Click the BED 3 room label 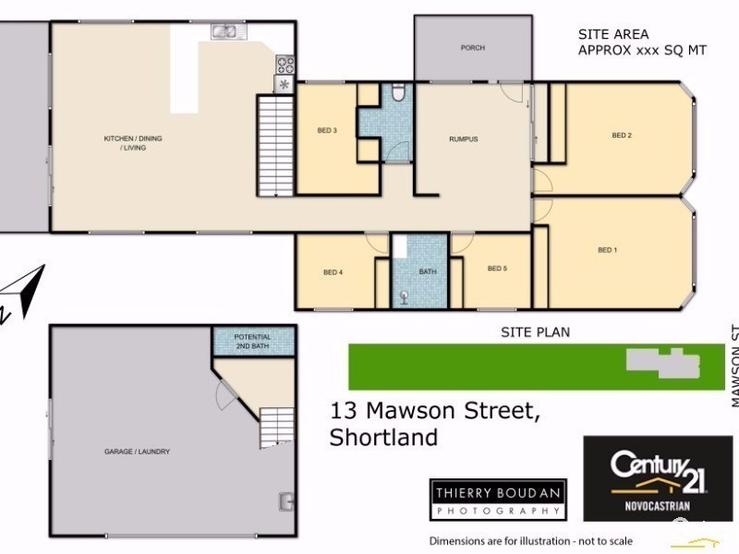click(x=326, y=130)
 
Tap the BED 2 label click(x=622, y=136)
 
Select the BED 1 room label click(x=607, y=250)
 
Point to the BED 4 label click(x=333, y=272)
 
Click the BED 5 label click(x=497, y=269)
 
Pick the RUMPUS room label click(x=463, y=139)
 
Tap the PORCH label click(x=472, y=48)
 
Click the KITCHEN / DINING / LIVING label click(x=132, y=142)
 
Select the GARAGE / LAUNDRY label click(x=136, y=452)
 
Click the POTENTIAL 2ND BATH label click(x=252, y=340)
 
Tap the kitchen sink click(x=224, y=32)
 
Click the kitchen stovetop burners click(x=285, y=65)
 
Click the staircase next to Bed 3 click(x=274, y=143)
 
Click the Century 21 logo click(x=658, y=478)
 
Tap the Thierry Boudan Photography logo click(x=498, y=500)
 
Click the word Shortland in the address click(x=383, y=438)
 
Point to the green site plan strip click(x=536, y=367)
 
